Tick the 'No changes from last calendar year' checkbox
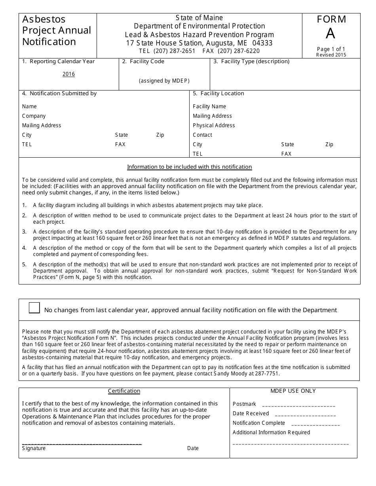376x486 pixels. (34, 308)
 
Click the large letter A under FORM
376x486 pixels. (330, 34)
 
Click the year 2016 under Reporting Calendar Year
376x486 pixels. (68, 74)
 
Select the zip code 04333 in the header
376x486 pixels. (262, 43)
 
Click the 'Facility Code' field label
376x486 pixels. (143, 62)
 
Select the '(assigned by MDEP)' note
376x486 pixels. (164, 81)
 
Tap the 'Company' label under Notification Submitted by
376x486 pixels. (34, 116)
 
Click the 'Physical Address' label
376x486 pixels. (214, 126)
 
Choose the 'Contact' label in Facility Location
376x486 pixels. (202, 135)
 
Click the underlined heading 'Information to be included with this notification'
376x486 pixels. (189, 167)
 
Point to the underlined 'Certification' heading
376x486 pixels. (124, 391)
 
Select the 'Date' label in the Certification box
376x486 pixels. (193, 448)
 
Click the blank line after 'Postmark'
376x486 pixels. (298, 405)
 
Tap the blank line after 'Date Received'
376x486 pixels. (305, 415)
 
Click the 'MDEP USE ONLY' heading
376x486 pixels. (293, 391)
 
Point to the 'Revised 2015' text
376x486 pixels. (331, 55)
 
